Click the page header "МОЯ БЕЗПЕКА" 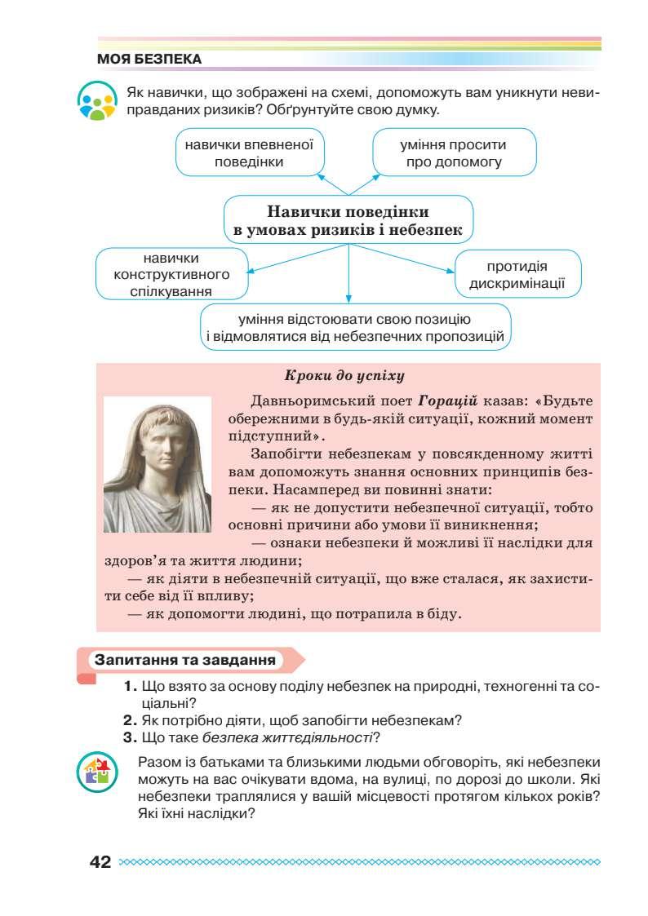pyautogui.click(x=149, y=60)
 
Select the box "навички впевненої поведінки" pyautogui.click(x=250, y=153)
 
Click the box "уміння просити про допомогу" pyautogui.click(x=454, y=153)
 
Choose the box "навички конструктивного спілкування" pyautogui.click(x=172, y=273)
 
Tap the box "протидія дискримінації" pyautogui.click(x=517, y=273)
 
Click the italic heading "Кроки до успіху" pyautogui.click(x=344, y=376)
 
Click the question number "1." pyautogui.click(x=130, y=688)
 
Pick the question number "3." pyautogui.click(x=129, y=738)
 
